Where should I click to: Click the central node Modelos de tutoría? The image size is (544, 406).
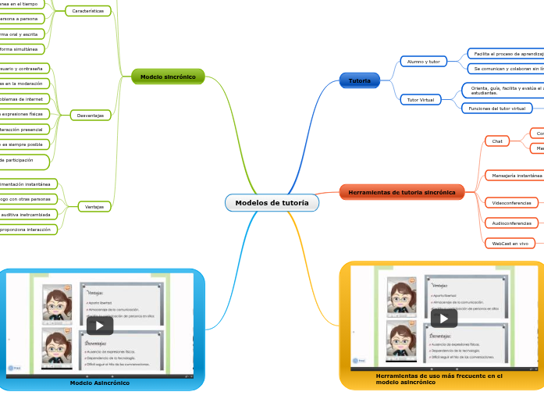[x=272, y=203]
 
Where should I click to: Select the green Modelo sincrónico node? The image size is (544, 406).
[x=168, y=77]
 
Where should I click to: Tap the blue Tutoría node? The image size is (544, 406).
[x=360, y=80]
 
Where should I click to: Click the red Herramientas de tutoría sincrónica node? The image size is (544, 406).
[x=402, y=192]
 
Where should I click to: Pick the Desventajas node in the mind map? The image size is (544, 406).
[x=91, y=116]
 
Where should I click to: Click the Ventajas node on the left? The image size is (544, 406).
[x=94, y=207]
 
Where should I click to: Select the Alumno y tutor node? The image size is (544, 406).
[x=424, y=61]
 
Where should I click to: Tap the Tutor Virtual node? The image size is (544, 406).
[x=421, y=100]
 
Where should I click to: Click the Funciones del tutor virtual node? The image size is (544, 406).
[x=496, y=108]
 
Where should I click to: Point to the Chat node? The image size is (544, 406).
[x=496, y=141]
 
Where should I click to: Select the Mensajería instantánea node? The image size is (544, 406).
[x=514, y=176]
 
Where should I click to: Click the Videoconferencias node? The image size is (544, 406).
[x=512, y=203]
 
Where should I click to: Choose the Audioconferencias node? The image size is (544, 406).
[x=512, y=223]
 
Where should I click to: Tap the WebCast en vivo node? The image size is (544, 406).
[x=510, y=244]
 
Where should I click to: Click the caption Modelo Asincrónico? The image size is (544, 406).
[x=100, y=383]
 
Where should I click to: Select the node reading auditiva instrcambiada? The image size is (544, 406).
[x=27, y=214]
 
